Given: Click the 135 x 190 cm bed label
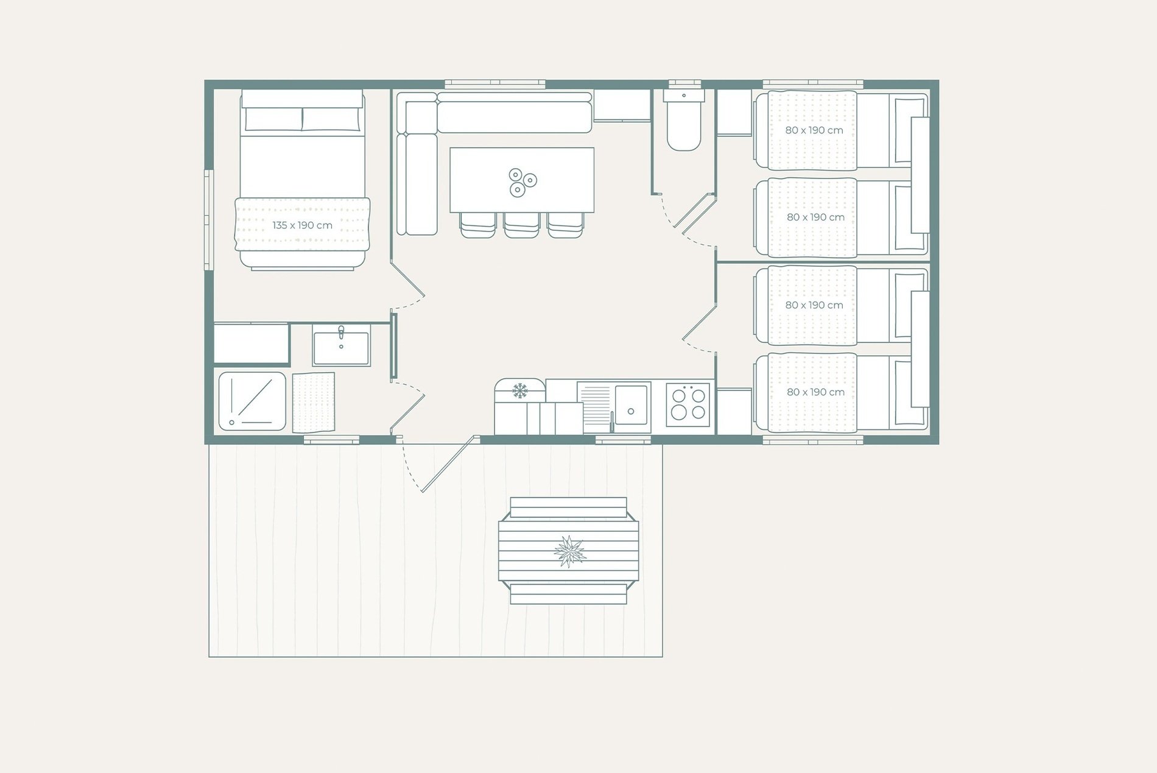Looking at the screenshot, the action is (x=302, y=225).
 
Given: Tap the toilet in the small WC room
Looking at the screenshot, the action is (x=684, y=120).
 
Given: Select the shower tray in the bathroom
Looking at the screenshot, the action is (x=252, y=401).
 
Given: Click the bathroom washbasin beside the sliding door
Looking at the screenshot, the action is (x=341, y=345).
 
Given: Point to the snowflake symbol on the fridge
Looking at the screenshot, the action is (x=519, y=390).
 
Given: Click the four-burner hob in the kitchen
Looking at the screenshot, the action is (x=688, y=404).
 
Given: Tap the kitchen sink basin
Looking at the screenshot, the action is (x=631, y=404).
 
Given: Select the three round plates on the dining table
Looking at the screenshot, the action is (x=522, y=182).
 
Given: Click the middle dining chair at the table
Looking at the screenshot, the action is (x=521, y=225).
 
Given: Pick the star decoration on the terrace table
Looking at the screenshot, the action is (x=569, y=551).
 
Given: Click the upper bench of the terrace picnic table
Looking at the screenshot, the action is (x=568, y=507).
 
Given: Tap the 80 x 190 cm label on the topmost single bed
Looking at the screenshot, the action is (x=814, y=130).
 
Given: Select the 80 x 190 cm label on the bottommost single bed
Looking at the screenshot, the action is (x=815, y=392).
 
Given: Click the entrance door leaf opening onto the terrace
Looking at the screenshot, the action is (x=448, y=464).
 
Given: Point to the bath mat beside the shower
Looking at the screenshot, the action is (x=314, y=402).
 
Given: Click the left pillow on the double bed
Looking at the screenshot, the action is (x=273, y=119).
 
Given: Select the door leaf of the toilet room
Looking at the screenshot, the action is (x=698, y=213).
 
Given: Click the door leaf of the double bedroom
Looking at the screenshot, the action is (x=407, y=278).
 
